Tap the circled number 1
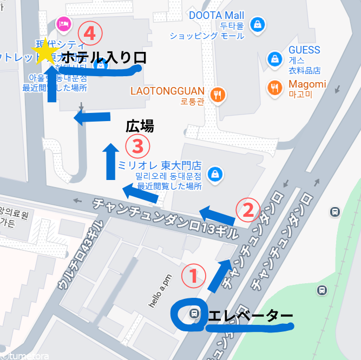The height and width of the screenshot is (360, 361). point(193,276)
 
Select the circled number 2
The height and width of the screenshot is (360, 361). point(247,209)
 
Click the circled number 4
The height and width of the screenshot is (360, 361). point(90,34)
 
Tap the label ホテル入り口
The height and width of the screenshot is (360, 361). point(104,57)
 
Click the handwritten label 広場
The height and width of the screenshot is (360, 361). point(140,127)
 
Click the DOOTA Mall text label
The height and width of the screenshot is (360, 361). point(216,16)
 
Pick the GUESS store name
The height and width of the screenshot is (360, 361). point(304,50)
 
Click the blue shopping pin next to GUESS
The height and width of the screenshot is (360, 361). point(275,58)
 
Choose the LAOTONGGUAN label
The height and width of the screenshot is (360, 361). point(167,91)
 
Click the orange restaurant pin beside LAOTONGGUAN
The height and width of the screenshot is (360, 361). point(218,95)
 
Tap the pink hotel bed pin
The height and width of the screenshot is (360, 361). point(63,24)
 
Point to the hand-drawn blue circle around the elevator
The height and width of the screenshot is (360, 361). point(187,315)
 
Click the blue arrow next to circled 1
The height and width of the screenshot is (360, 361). point(220,274)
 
